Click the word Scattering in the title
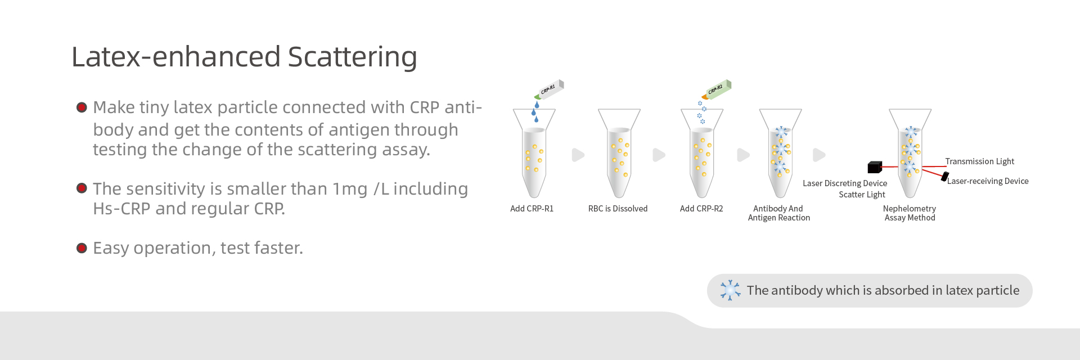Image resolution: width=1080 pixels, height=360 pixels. [352, 57]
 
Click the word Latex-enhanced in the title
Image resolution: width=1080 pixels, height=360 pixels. [176, 56]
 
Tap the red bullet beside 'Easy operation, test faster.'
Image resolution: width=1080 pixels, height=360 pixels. [82, 248]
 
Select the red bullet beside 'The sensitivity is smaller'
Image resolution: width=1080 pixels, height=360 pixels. [82, 188]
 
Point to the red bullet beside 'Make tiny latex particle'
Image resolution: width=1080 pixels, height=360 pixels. [82, 107]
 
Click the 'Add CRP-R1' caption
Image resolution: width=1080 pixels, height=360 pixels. [532, 209]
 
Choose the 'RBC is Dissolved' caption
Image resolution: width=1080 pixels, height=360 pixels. [618, 209]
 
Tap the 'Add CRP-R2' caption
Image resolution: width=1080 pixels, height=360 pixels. [701, 209]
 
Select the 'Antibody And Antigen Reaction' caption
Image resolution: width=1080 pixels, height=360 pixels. [779, 213]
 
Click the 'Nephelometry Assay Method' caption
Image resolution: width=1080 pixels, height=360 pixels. [910, 213]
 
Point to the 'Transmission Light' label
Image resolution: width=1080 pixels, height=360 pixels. [980, 161]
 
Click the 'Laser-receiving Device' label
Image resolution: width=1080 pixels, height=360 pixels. [988, 181]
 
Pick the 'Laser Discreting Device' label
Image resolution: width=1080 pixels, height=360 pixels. [845, 183]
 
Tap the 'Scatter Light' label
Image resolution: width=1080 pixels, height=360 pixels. [862, 195]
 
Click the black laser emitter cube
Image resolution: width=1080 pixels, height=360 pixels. [875, 167]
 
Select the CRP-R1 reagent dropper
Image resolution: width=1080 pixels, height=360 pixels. [549, 89]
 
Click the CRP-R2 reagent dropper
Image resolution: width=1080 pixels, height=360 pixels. [716, 89]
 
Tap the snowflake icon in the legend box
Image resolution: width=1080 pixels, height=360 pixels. [730, 290]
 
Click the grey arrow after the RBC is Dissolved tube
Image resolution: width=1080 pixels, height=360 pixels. [659, 155]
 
